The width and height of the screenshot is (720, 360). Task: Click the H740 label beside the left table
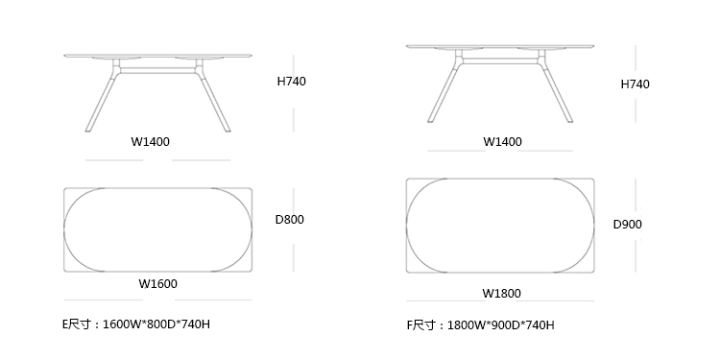pos(291,82)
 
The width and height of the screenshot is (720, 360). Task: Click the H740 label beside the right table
pos(636,84)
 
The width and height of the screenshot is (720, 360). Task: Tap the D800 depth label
pos(289,220)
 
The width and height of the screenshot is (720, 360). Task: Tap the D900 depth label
pos(628,225)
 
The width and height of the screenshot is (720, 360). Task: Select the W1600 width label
pos(158,284)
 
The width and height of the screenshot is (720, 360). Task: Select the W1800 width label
pos(501,294)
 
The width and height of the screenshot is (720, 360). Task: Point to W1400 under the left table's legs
pos(150,142)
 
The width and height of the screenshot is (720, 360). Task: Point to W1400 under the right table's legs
pos(502,142)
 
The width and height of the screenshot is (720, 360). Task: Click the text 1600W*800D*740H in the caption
pos(156,324)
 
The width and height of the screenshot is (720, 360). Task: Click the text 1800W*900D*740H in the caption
pos(501,325)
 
